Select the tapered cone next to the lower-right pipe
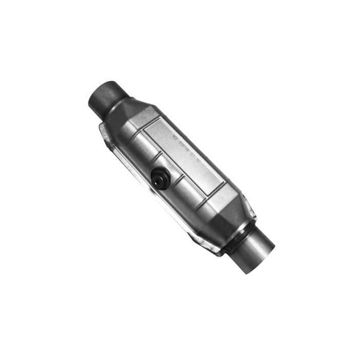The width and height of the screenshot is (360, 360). click(x=234, y=216)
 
